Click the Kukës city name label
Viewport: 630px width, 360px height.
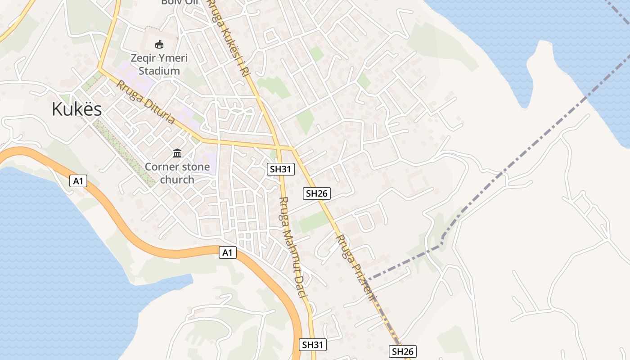click(x=76, y=109)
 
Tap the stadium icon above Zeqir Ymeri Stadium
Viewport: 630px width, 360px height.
click(x=159, y=45)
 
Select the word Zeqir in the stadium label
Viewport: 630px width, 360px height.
click(x=143, y=58)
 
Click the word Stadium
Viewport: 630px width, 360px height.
click(x=159, y=71)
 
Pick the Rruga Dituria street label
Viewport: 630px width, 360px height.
click(x=145, y=102)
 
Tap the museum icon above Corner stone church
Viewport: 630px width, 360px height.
click(x=177, y=154)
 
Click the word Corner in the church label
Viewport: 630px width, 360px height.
click(x=160, y=167)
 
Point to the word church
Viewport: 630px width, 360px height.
click(x=177, y=180)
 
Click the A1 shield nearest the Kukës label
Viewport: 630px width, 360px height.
click(x=78, y=181)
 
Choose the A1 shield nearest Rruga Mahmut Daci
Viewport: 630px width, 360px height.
click(x=228, y=252)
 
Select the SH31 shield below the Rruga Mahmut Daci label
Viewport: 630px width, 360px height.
click(x=312, y=345)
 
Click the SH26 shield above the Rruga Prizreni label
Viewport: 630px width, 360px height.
click(x=317, y=193)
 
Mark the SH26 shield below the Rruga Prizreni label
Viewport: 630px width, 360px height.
click(x=402, y=351)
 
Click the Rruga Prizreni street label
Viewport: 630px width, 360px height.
click(x=356, y=268)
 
